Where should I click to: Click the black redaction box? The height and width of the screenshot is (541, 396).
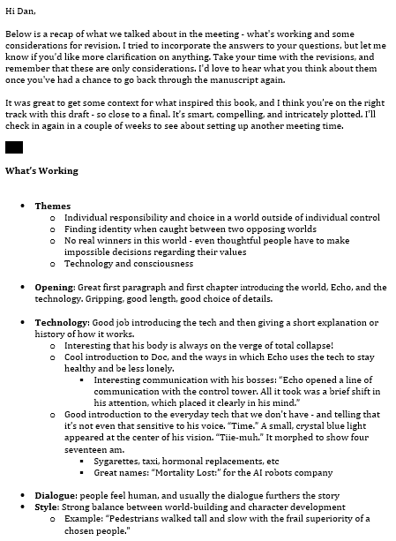(x=14, y=147)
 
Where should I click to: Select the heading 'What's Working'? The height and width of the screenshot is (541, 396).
(x=41, y=170)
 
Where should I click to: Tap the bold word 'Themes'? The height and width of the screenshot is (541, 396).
(x=53, y=206)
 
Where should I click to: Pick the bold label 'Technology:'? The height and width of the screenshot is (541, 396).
(x=63, y=322)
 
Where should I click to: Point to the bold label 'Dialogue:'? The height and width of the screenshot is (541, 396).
(x=57, y=495)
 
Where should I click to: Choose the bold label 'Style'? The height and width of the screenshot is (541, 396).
(x=48, y=507)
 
